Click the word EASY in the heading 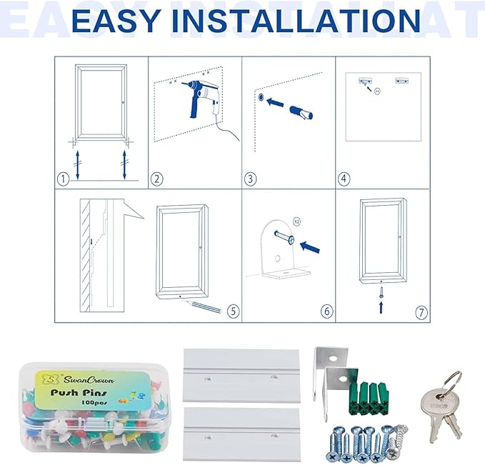pos(116,21)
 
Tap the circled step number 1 pos(64,179)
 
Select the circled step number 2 pos(157,179)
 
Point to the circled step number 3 pos(250,179)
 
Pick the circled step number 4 pos(344,179)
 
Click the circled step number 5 pos(234,311)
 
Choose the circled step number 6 pos(327,311)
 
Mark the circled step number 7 pos(421,312)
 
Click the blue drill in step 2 pos(201,96)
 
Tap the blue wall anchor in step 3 pos(301,113)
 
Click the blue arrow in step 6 pos(309,247)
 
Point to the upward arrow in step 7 pos(381,307)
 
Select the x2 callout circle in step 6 pos(296,221)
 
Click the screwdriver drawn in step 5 pos(203,306)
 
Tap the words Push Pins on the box pos(79,393)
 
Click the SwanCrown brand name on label pos(89,380)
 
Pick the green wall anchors pos(369,399)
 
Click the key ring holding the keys pos(452,381)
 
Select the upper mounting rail pos(241,376)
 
